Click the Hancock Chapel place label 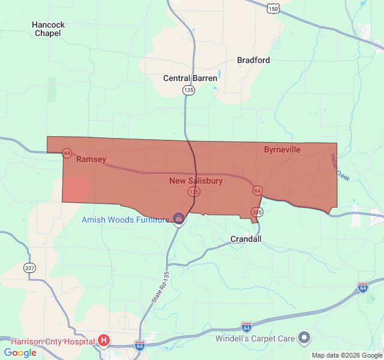coord(48,29)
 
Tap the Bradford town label coord(253,60)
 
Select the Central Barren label coord(190,78)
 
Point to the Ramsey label coord(91,159)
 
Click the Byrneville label coord(282,149)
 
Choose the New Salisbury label coord(196,181)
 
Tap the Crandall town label coord(246,239)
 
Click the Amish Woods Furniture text coord(125,220)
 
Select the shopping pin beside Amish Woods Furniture coord(178,218)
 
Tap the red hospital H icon coord(104,341)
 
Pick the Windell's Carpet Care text coord(256,338)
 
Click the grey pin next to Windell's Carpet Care coord(304,338)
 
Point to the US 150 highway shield coord(273,8)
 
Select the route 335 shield coord(257,212)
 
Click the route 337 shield coord(29,267)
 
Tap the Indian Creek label coord(339,167)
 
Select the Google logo coord(20,353)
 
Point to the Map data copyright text coord(346,355)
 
